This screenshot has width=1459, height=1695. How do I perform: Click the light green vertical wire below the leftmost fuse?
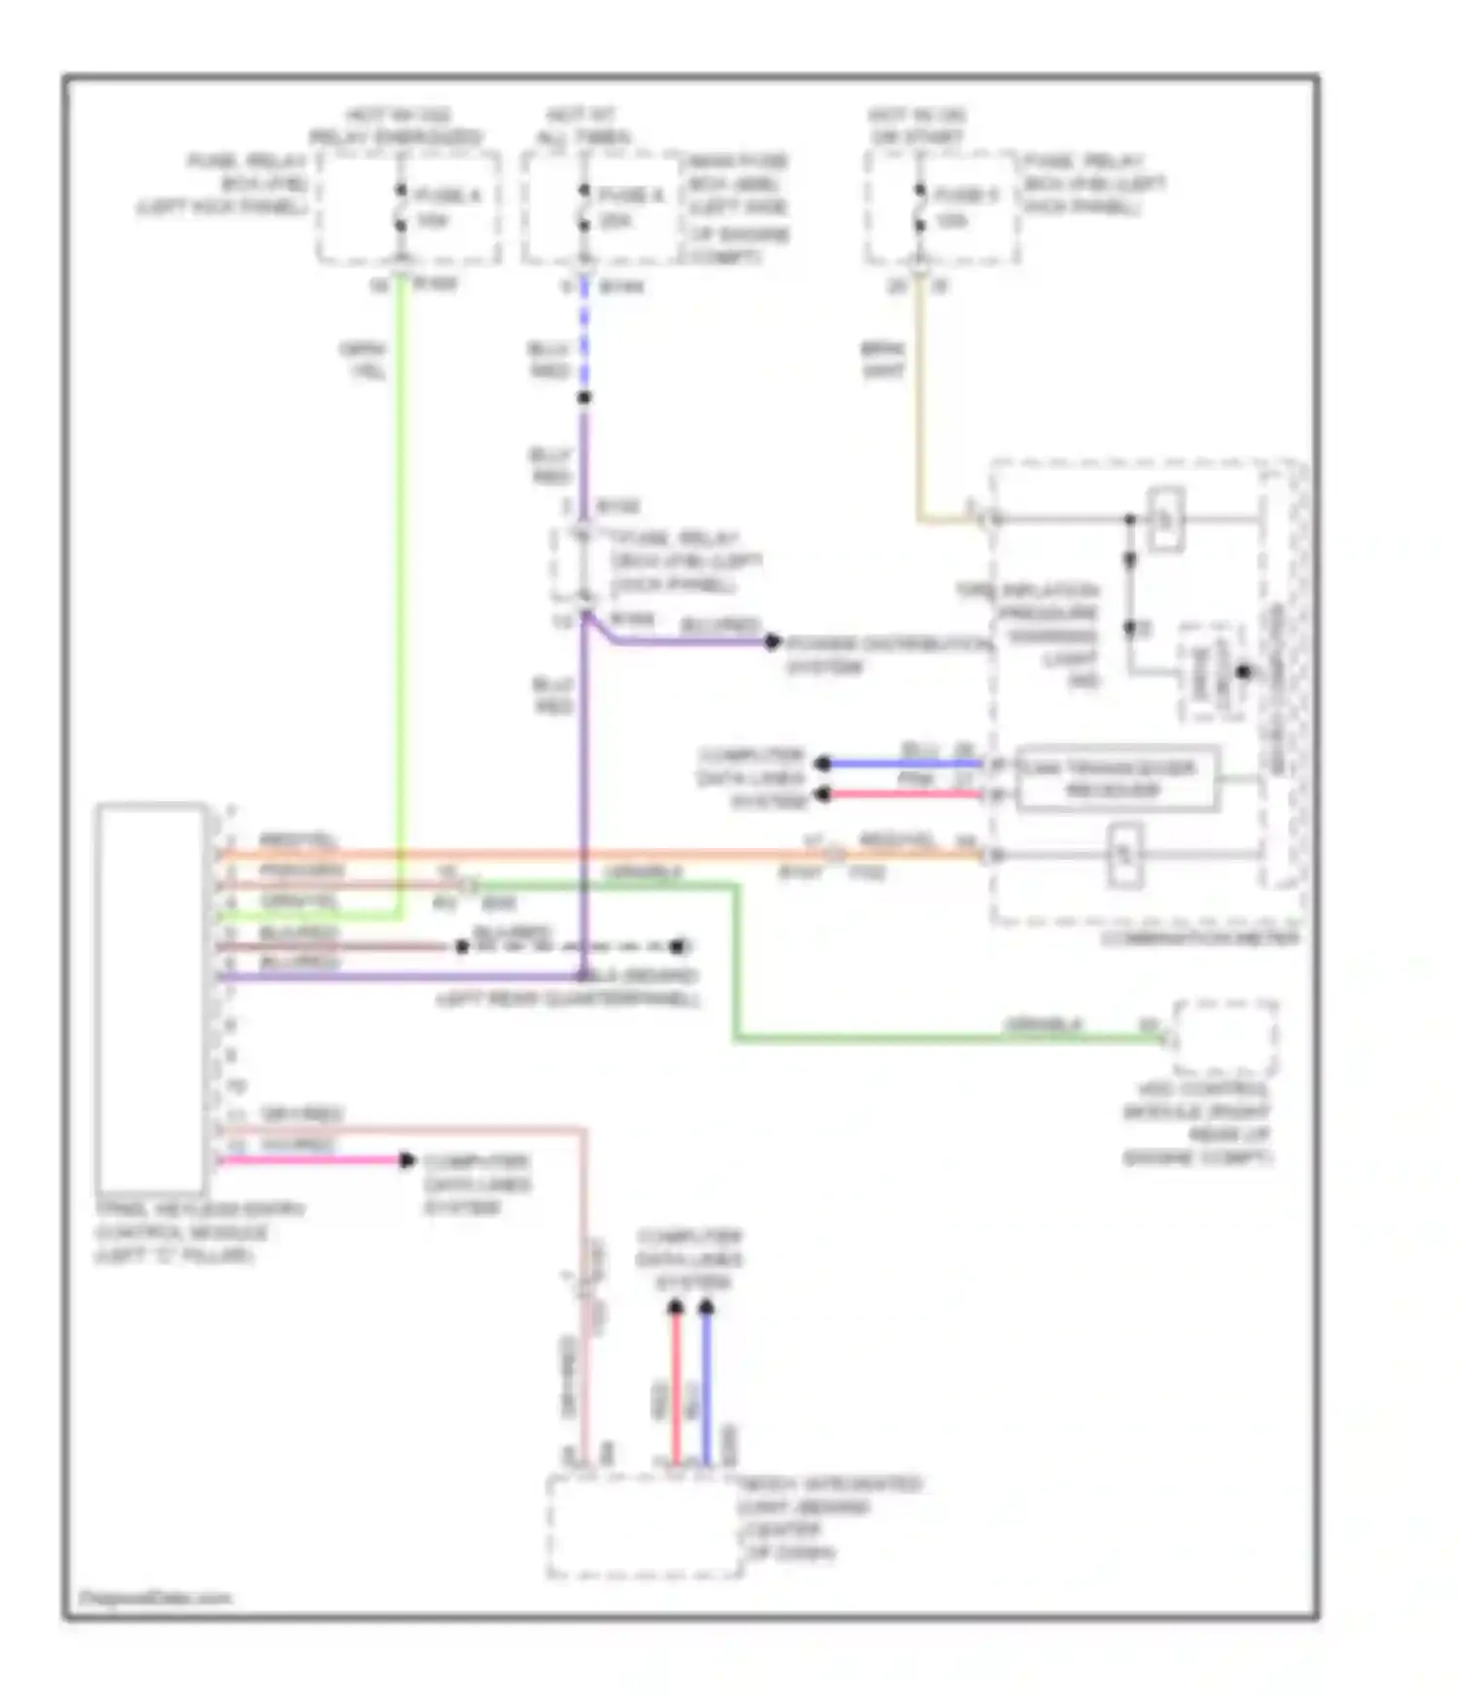tap(400, 583)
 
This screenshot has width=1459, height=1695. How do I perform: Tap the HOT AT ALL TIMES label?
tap(582, 126)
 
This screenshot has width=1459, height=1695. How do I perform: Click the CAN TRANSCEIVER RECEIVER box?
tap(1117, 779)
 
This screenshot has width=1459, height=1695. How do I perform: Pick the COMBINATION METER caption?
tap(1199, 938)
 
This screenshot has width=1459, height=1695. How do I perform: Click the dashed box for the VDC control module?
tap(1225, 1037)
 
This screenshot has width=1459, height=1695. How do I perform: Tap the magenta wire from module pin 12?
tap(311, 1160)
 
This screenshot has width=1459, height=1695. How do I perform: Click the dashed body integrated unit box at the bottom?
tap(645, 1526)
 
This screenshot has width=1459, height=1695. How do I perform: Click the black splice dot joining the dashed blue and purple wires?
tap(584, 398)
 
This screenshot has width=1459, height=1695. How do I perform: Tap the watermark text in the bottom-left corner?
tap(156, 1598)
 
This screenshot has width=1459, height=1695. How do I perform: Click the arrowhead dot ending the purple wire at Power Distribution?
tap(772, 642)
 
